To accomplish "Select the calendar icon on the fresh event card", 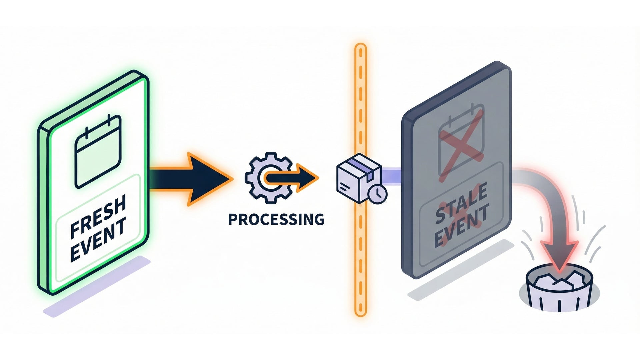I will pos(98,151).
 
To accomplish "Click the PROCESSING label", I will pos(276,219).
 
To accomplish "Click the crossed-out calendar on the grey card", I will pos(461,142).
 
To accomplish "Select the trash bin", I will pos(559,292).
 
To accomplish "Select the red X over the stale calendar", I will pos(461,145).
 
